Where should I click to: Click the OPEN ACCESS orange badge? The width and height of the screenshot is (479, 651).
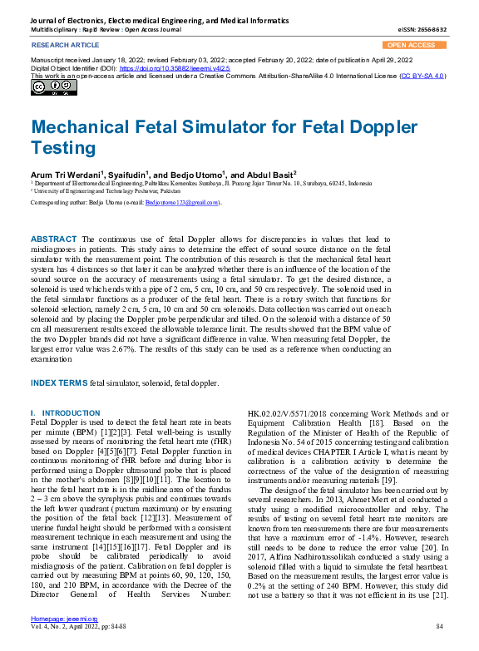point(414,45)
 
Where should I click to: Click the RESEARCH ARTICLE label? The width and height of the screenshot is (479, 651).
point(63,45)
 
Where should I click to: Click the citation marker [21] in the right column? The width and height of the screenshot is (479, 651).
point(439,595)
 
